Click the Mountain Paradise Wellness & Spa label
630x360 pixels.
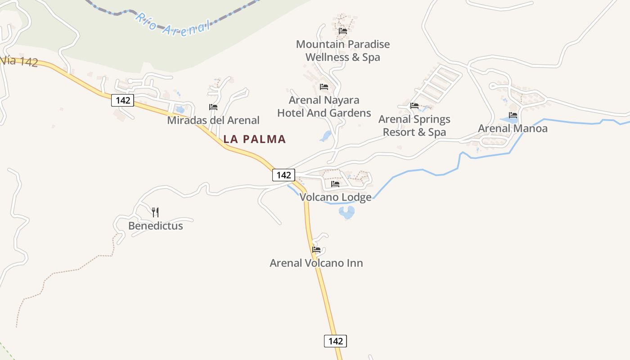pyautogui.click(x=343, y=50)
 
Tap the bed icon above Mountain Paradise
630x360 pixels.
pyautogui.click(x=343, y=31)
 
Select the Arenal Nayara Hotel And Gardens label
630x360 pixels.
pyautogui.click(x=324, y=106)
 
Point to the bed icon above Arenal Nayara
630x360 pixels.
pyautogui.click(x=324, y=87)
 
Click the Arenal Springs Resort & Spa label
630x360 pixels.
pyautogui.click(x=414, y=126)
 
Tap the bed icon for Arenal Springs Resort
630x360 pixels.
pyautogui.click(x=414, y=106)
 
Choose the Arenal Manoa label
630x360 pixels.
pyautogui.click(x=513, y=128)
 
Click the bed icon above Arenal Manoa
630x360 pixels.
pyautogui.click(x=513, y=115)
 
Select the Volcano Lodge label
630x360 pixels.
pyautogui.click(x=336, y=197)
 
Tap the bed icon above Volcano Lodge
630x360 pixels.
pyautogui.click(x=335, y=184)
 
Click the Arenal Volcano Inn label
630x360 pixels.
pyautogui.click(x=316, y=263)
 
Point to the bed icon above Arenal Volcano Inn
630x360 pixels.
pyautogui.click(x=316, y=250)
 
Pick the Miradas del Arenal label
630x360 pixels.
pyautogui.click(x=213, y=120)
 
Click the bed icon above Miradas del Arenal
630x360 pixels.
pyautogui.click(x=213, y=107)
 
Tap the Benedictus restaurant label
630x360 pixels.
pyautogui.click(x=156, y=225)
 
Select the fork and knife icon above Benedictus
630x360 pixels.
pyautogui.click(x=155, y=212)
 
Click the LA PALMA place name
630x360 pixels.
pyautogui.click(x=255, y=139)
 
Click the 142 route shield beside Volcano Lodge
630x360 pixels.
pyautogui.click(x=283, y=175)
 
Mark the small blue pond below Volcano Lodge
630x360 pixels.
pyautogui.click(x=346, y=212)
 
